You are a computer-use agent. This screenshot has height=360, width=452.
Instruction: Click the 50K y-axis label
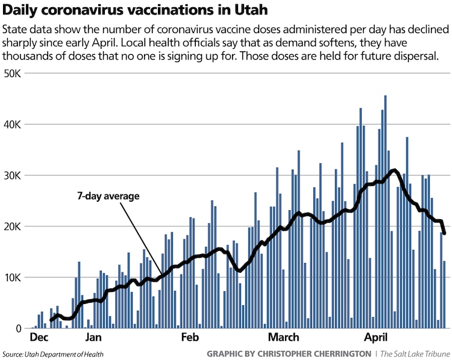(12, 73)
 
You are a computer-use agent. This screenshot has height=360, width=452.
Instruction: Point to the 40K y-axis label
(12, 124)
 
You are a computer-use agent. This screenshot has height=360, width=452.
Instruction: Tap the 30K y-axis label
(12, 175)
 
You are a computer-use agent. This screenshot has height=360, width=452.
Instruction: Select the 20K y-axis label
(12, 226)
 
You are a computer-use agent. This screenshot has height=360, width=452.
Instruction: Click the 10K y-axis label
(12, 278)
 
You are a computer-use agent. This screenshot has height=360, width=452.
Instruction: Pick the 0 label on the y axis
(19, 329)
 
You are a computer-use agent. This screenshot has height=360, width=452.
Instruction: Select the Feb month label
(190, 338)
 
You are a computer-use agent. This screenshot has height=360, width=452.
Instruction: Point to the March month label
(283, 338)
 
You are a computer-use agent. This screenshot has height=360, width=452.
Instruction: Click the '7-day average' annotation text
(108, 196)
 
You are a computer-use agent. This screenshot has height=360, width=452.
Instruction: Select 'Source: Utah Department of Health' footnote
(52, 354)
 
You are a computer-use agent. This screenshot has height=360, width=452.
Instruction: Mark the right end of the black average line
(444, 234)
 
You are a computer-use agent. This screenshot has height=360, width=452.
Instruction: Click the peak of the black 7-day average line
(394, 170)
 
